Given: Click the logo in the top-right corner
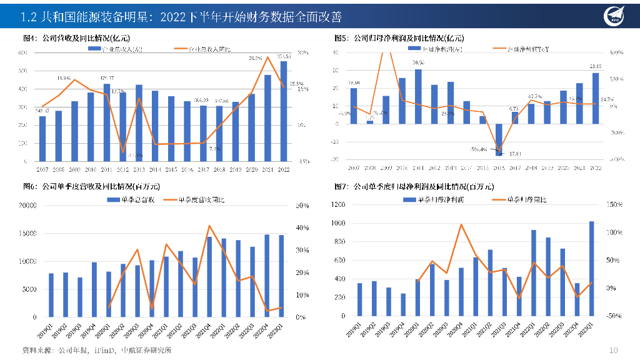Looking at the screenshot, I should (615, 16).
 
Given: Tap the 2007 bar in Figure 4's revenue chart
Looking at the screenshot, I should (42, 139).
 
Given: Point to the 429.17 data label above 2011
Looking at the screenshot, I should (107, 77).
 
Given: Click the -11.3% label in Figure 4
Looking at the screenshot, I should (135, 155).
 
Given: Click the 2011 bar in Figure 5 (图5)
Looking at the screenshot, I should (418, 96).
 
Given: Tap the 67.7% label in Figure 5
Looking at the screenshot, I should (535, 96).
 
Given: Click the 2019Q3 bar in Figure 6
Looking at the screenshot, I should (80, 297).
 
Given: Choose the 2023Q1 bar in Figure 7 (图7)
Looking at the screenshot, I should (591, 269).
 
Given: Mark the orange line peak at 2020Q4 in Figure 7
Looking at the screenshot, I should (461, 224).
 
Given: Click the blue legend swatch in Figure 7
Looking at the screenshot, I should (406, 199).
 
